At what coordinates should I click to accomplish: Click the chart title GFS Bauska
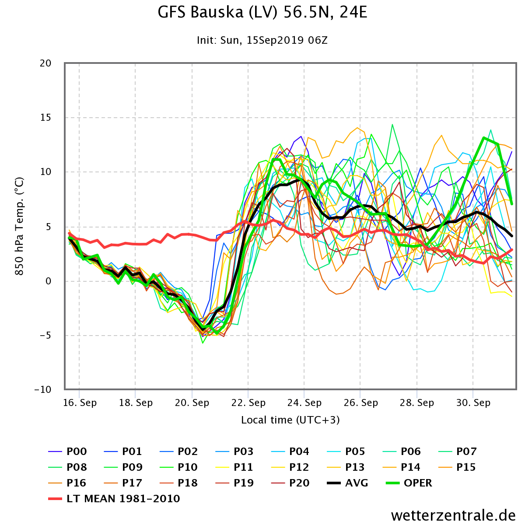coord(262,12)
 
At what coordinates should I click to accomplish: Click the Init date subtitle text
coord(262,40)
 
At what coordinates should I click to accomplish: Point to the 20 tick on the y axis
coord(46,63)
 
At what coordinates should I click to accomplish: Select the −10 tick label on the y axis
coord(42,390)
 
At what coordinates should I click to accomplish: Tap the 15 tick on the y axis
coord(46,118)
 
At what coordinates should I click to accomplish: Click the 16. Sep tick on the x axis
coord(80,402)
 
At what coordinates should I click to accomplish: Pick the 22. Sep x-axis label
coord(248,402)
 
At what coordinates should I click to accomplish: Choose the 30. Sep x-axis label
coord(473,402)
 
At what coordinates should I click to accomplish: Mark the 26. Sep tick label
coord(360,402)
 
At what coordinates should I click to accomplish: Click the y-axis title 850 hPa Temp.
coord(19,226)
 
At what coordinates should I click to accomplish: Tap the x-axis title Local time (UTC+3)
coord(290,420)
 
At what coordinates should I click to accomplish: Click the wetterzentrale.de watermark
coord(453,515)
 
